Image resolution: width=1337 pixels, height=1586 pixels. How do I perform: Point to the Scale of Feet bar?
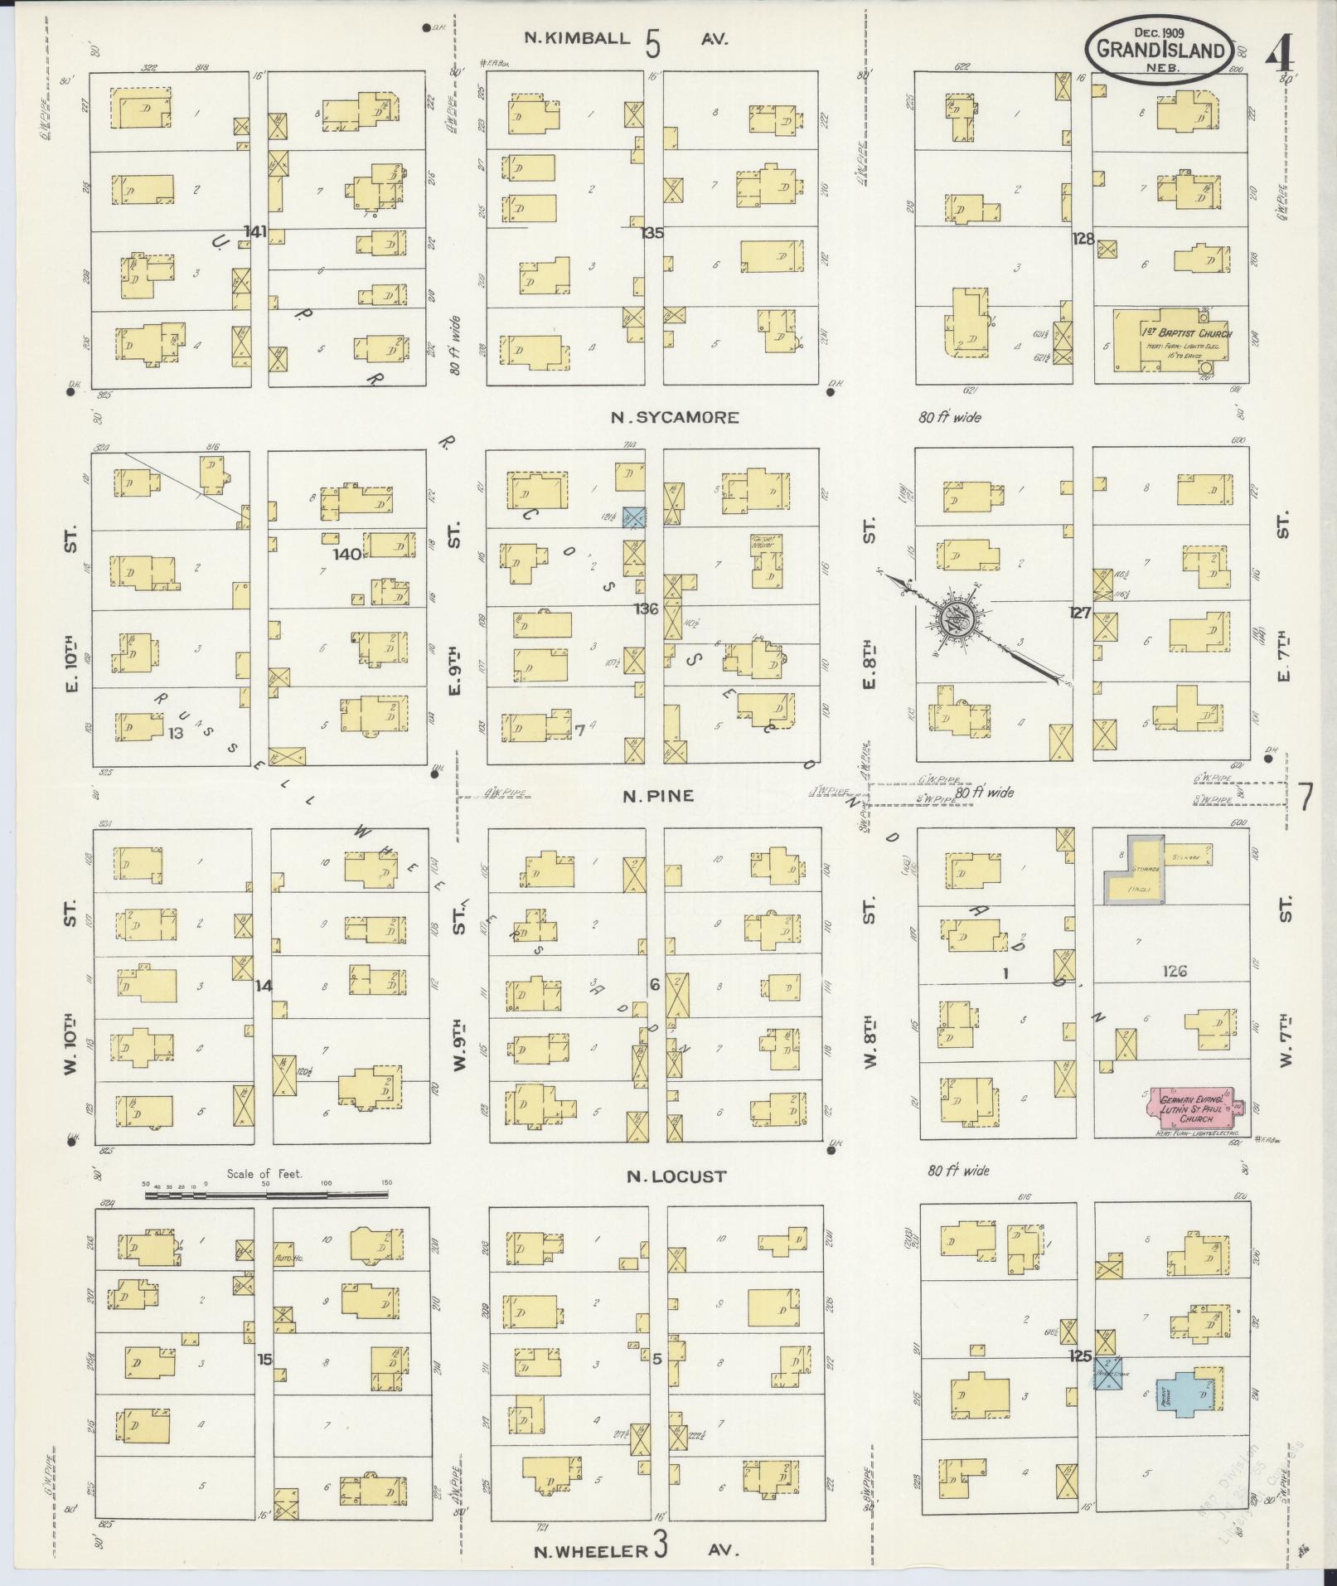(x=266, y=1195)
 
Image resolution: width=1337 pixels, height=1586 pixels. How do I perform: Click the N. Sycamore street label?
(x=674, y=418)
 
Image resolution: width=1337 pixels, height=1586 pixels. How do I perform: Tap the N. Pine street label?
(x=658, y=797)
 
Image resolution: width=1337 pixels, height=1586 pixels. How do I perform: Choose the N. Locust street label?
(x=676, y=1176)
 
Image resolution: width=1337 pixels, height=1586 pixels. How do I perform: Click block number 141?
(x=255, y=231)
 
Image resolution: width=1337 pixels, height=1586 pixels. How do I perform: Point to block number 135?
(x=652, y=233)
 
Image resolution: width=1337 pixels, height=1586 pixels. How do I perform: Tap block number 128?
(x=1083, y=239)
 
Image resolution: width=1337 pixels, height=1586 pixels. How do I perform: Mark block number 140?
(x=347, y=553)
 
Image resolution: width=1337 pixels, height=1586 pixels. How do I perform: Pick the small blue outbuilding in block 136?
(x=634, y=517)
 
